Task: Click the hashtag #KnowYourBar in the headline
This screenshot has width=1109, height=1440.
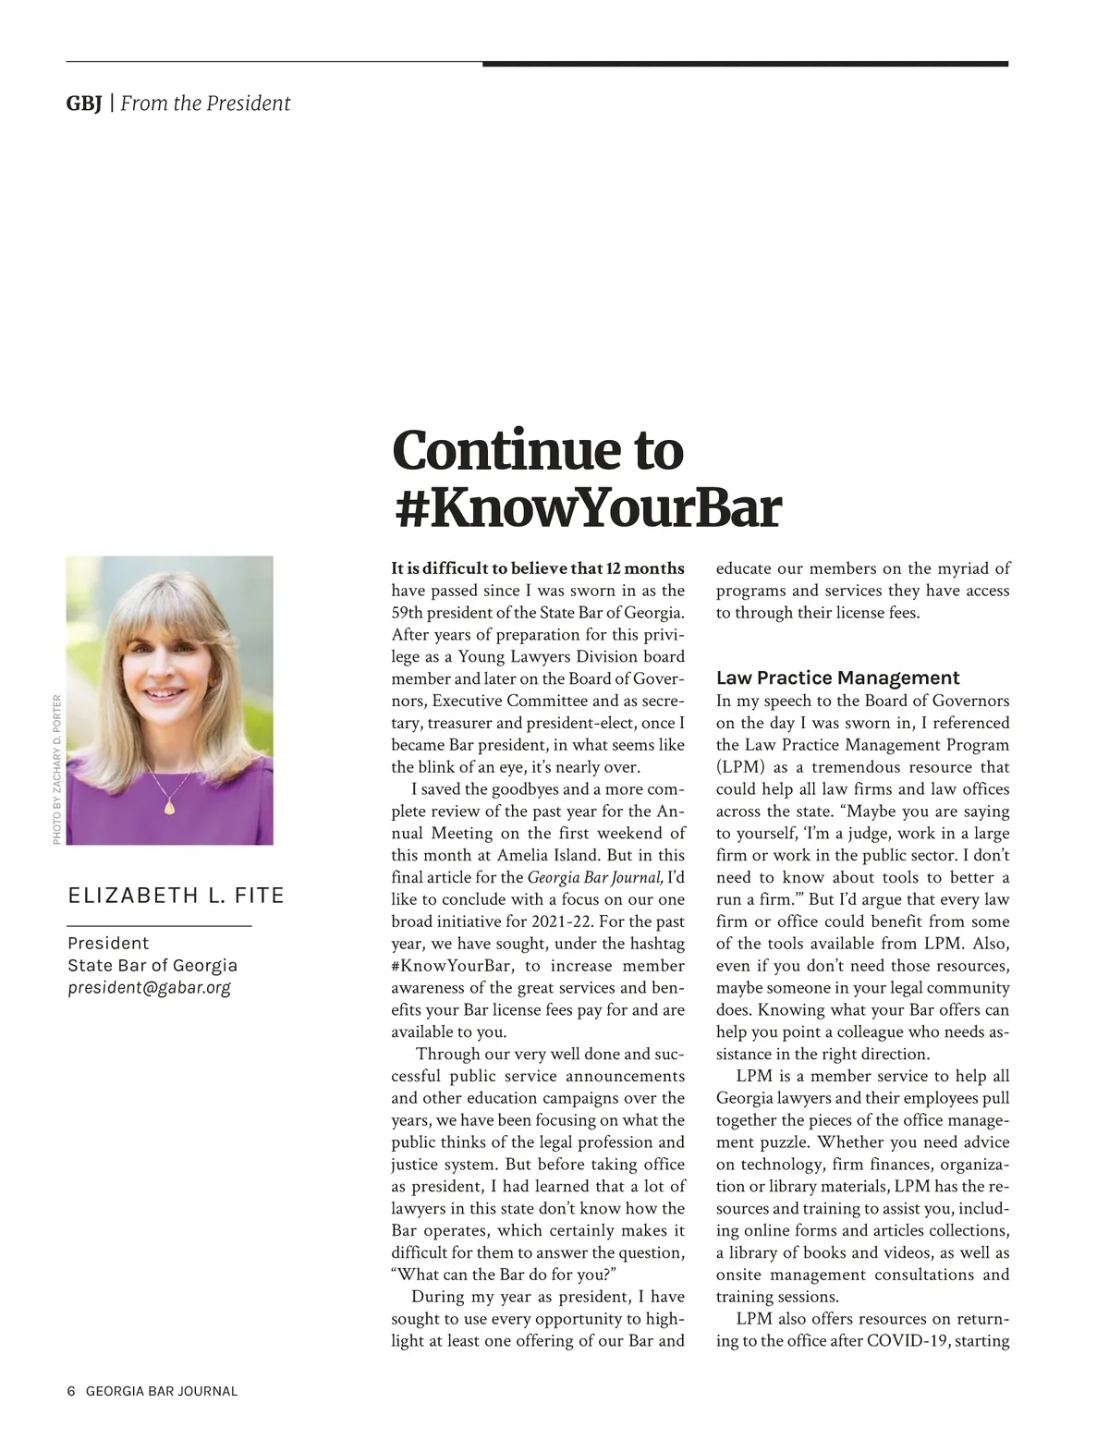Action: click(587, 507)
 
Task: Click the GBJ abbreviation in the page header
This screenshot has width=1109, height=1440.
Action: click(83, 104)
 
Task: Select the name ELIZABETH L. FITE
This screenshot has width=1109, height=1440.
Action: click(176, 895)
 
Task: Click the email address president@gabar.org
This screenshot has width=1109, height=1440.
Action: click(149, 987)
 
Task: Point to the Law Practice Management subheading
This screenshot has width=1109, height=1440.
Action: click(837, 677)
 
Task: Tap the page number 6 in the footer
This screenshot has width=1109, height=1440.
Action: click(71, 1391)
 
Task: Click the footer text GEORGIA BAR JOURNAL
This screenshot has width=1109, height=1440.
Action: click(162, 1391)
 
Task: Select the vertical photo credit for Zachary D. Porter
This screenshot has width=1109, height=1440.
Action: click(56, 769)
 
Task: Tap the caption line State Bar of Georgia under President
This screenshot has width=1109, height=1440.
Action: click(152, 965)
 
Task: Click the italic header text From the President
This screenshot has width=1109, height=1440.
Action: click(205, 104)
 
